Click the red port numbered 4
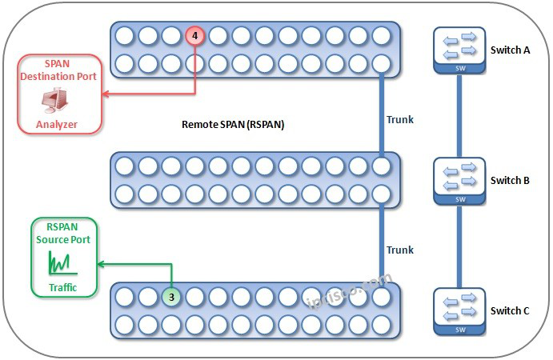pyautogui.click(x=194, y=36)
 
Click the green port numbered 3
pyautogui.click(x=171, y=296)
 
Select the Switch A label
pyautogui.click(x=510, y=50)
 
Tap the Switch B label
pyautogui.click(x=510, y=180)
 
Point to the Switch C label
pyautogui.click(x=510, y=310)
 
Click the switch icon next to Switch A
pyautogui.click(x=459, y=50)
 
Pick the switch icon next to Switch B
pyautogui.click(x=459, y=180)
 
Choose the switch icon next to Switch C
pyautogui.click(x=459, y=310)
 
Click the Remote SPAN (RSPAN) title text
pyautogui.click(x=233, y=125)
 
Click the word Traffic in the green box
pyautogui.click(x=62, y=287)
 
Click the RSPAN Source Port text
pyautogui.click(x=62, y=233)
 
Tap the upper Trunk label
pyautogui.click(x=400, y=120)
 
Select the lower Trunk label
pyautogui.click(x=400, y=250)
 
